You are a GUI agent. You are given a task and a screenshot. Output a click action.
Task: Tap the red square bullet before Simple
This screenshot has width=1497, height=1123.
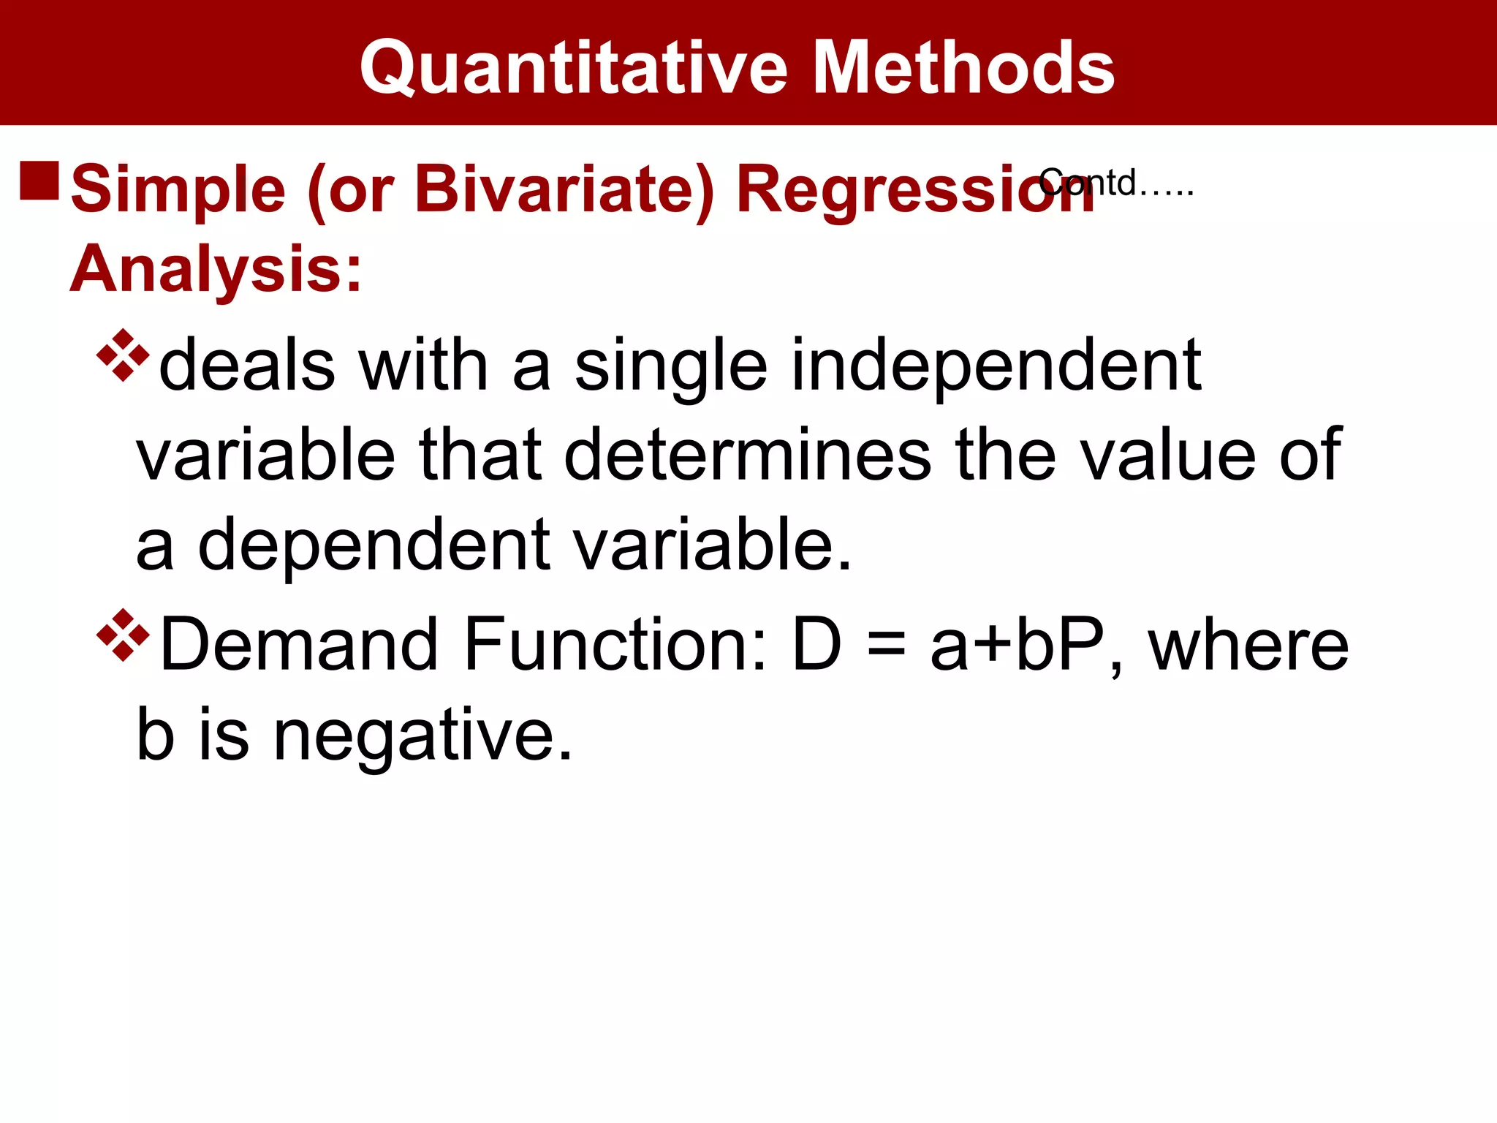point(39,181)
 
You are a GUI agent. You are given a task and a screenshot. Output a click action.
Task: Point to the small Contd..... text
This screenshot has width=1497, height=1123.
point(1117,183)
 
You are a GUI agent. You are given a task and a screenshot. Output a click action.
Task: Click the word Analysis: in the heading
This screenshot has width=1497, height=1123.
point(216,269)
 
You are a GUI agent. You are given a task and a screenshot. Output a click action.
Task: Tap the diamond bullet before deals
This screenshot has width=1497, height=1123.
point(122,356)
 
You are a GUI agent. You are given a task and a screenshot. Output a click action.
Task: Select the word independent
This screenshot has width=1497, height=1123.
point(996,366)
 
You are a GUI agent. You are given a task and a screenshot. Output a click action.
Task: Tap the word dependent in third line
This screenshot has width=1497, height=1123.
point(374,545)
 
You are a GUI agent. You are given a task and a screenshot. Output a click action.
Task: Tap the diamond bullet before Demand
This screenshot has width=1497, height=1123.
point(122,635)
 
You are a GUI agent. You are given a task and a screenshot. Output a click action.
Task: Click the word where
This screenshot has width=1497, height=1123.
point(1248,645)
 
